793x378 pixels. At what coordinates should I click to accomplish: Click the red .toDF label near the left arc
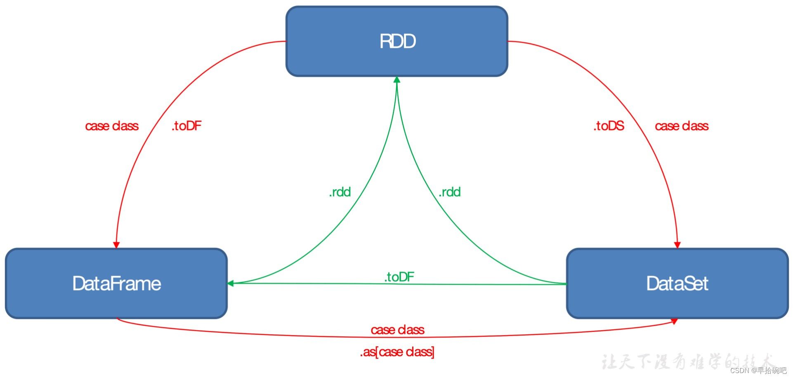pos(186,126)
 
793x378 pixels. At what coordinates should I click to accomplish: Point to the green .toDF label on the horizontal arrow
pos(399,276)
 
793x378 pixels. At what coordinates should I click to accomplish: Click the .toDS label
pos(609,126)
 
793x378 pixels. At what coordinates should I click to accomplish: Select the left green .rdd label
pos(340,192)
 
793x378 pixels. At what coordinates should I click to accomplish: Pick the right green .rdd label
pos(450,192)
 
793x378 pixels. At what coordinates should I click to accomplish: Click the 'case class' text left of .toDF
pos(111,126)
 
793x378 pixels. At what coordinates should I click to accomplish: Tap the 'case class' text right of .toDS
pos(682,126)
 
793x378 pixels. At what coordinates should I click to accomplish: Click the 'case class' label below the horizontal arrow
pos(397,330)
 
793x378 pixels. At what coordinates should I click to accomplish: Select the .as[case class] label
pos(397,352)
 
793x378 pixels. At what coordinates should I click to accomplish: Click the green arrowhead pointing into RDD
pos(397,79)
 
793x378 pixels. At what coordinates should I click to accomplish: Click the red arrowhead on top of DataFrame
pos(116,245)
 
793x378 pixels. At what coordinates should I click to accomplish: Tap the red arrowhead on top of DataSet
pos(677,245)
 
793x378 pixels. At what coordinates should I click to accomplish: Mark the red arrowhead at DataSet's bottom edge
pos(674,321)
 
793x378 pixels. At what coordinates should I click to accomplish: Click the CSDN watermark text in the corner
pos(758,371)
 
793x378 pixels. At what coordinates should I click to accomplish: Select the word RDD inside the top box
pos(397,41)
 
